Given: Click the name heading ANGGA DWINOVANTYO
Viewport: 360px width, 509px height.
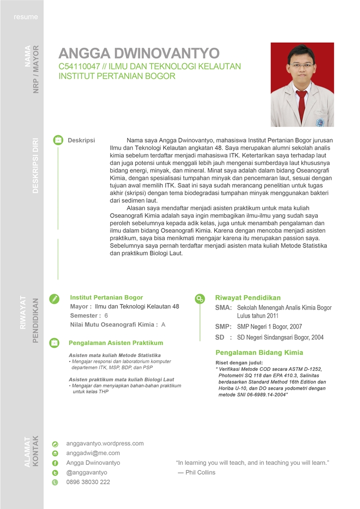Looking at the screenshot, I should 139,54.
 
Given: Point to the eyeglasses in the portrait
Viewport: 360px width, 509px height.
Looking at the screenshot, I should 301,65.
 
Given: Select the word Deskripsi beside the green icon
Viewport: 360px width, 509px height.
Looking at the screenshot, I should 81,141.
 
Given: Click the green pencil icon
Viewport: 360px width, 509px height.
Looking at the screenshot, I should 55,298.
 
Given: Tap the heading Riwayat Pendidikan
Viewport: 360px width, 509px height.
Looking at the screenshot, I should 248,298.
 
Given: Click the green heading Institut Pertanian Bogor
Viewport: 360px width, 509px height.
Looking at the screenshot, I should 106,297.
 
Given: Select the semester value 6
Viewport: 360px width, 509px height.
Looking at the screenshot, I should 106,316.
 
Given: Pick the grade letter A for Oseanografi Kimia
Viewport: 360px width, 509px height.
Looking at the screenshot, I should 163,325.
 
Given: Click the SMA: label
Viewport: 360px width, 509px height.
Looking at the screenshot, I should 223,308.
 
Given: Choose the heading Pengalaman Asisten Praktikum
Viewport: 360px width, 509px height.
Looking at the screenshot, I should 116,343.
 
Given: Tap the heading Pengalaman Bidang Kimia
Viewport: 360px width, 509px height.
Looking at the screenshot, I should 259,352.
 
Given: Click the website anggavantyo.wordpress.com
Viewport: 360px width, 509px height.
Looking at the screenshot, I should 105,443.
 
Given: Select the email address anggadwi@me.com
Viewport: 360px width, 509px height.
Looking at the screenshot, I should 93,453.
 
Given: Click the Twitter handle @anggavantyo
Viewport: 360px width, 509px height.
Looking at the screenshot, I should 87,472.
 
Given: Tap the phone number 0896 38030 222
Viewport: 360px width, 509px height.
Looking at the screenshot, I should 88,482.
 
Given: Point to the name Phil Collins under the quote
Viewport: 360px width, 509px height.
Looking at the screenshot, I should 200,472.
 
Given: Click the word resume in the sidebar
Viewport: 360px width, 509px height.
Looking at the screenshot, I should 26,17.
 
